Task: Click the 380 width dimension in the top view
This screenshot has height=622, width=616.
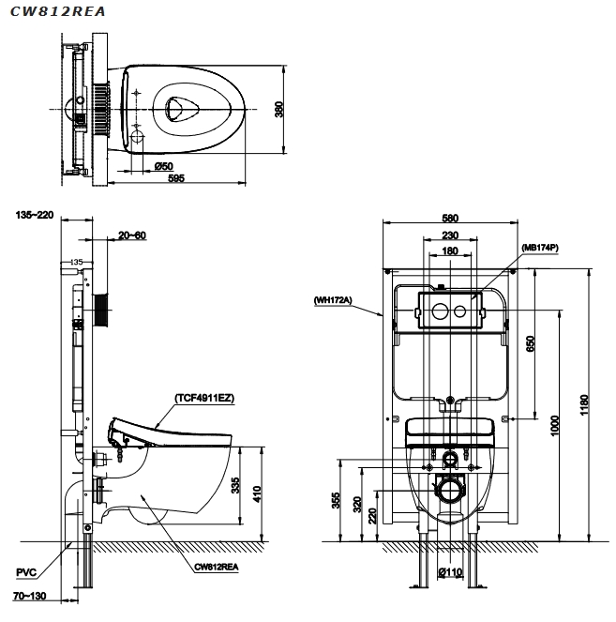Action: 278,110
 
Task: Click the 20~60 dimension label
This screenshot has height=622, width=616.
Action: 132,235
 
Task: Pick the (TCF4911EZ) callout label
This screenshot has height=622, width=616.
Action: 203,398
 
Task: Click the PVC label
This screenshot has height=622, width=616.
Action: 27,570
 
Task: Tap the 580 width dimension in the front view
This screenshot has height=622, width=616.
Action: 449,219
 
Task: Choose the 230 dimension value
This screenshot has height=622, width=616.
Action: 449,235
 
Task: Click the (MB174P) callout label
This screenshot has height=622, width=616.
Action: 539,249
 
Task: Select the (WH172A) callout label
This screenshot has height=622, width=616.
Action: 333,300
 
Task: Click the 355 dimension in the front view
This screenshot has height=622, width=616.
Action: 336,501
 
